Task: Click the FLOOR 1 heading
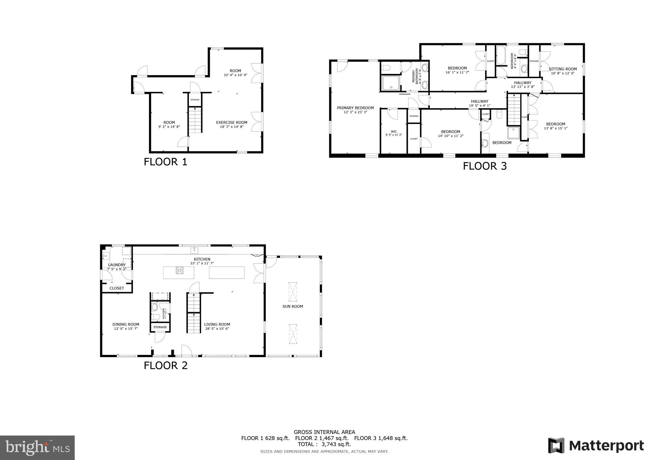[165, 162]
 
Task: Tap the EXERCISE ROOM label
[231, 122]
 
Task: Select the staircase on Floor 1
[195, 120]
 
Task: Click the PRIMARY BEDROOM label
[355, 108]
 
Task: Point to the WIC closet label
[394, 132]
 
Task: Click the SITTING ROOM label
[562, 69]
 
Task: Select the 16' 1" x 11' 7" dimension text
[457, 72]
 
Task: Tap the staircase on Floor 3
[513, 110]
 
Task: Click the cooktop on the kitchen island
[179, 271]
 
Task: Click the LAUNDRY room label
[117, 265]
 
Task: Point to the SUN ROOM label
[292, 307]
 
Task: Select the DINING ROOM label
[126, 324]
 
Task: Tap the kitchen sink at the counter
[194, 251]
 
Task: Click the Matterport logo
[596, 445]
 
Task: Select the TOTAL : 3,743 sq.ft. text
[324, 444]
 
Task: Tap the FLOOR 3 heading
[484, 166]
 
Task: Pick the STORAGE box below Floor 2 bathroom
[160, 327]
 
